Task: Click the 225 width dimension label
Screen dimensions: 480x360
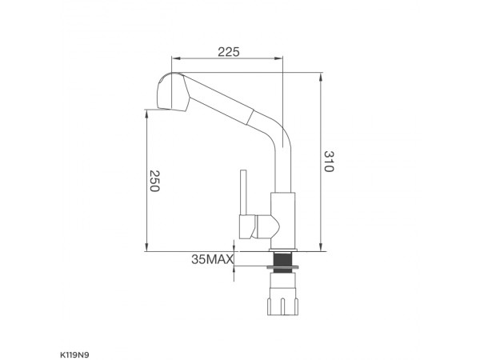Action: tap(229, 52)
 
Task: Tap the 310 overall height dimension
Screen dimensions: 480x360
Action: tap(329, 162)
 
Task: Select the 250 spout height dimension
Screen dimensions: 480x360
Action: tap(154, 181)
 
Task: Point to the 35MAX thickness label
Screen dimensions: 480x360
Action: tap(212, 259)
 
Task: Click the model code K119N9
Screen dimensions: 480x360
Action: tap(74, 355)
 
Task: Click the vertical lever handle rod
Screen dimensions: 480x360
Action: tap(244, 192)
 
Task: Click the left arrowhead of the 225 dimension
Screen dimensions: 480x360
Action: tap(175, 58)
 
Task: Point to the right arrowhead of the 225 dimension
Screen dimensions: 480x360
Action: tap(279, 58)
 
